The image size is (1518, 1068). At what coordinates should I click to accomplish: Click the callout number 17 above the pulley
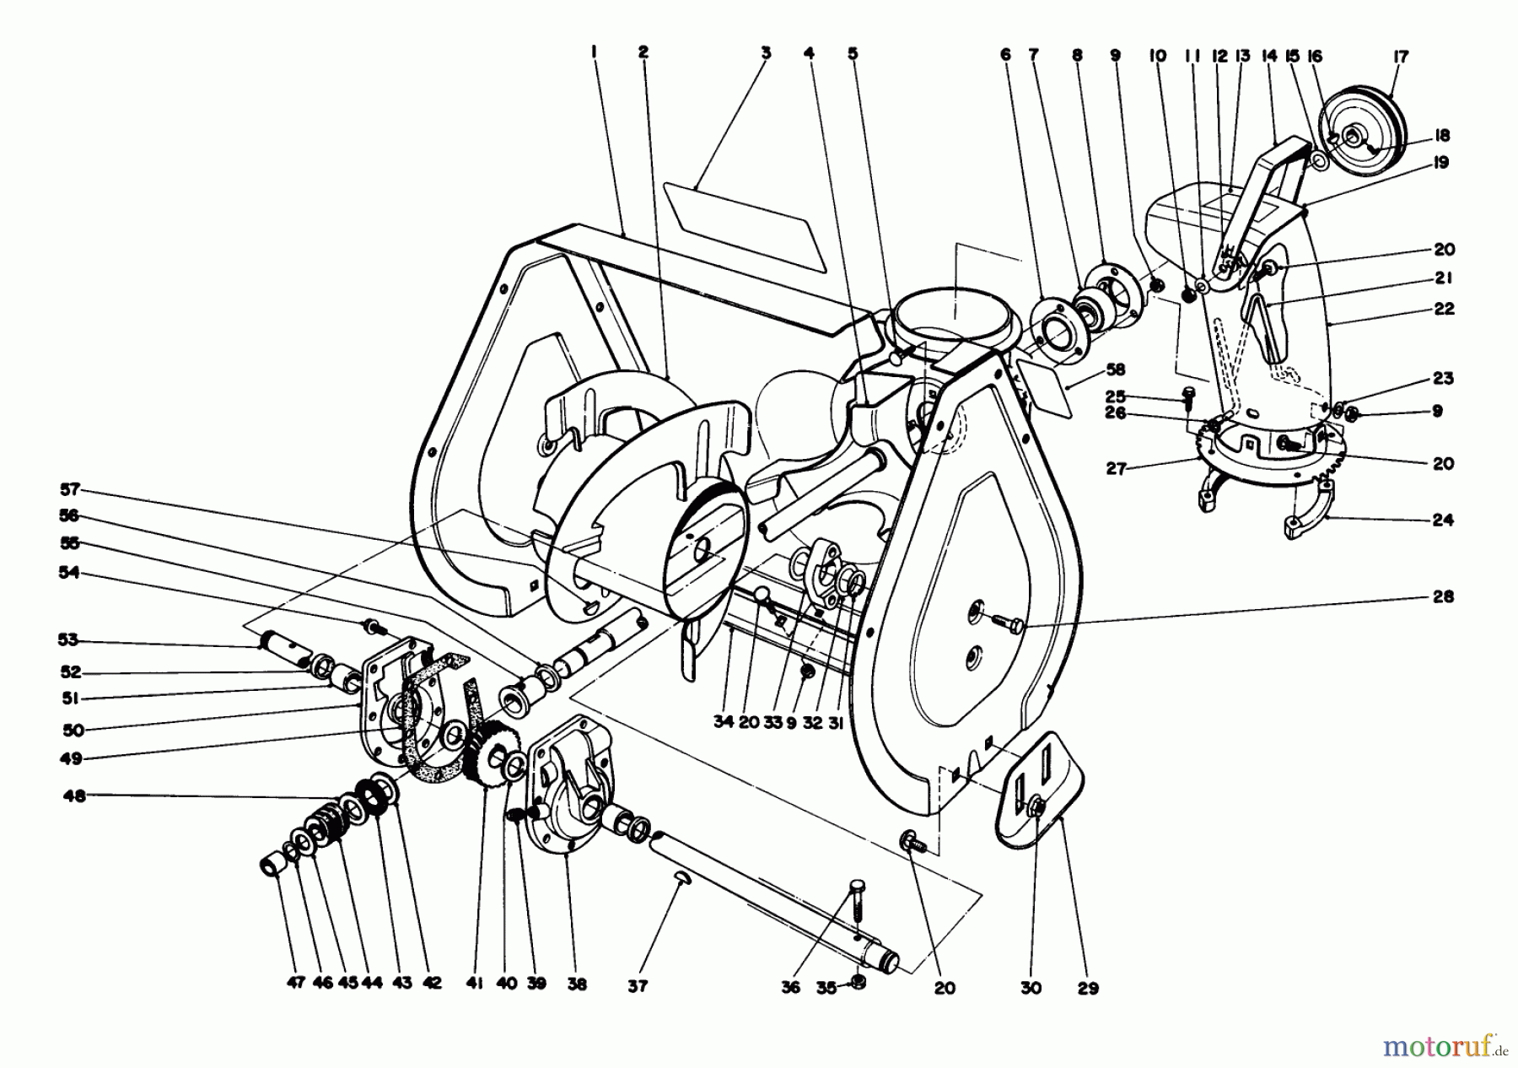coord(1401,57)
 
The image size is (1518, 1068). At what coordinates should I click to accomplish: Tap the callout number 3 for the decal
coord(766,52)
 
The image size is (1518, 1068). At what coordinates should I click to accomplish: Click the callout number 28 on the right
coord(1443,596)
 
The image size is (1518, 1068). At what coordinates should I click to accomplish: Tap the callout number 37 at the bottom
coord(638,985)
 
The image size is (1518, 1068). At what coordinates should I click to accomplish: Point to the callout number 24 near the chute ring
coord(1443,520)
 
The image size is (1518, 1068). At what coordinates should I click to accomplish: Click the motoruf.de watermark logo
coord(1444,1046)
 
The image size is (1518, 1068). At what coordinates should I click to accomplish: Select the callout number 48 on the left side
coord(74,795)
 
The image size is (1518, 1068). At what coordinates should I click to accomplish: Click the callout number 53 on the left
coord(68,639)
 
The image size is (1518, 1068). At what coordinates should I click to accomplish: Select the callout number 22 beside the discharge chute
coord(1444,309)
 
